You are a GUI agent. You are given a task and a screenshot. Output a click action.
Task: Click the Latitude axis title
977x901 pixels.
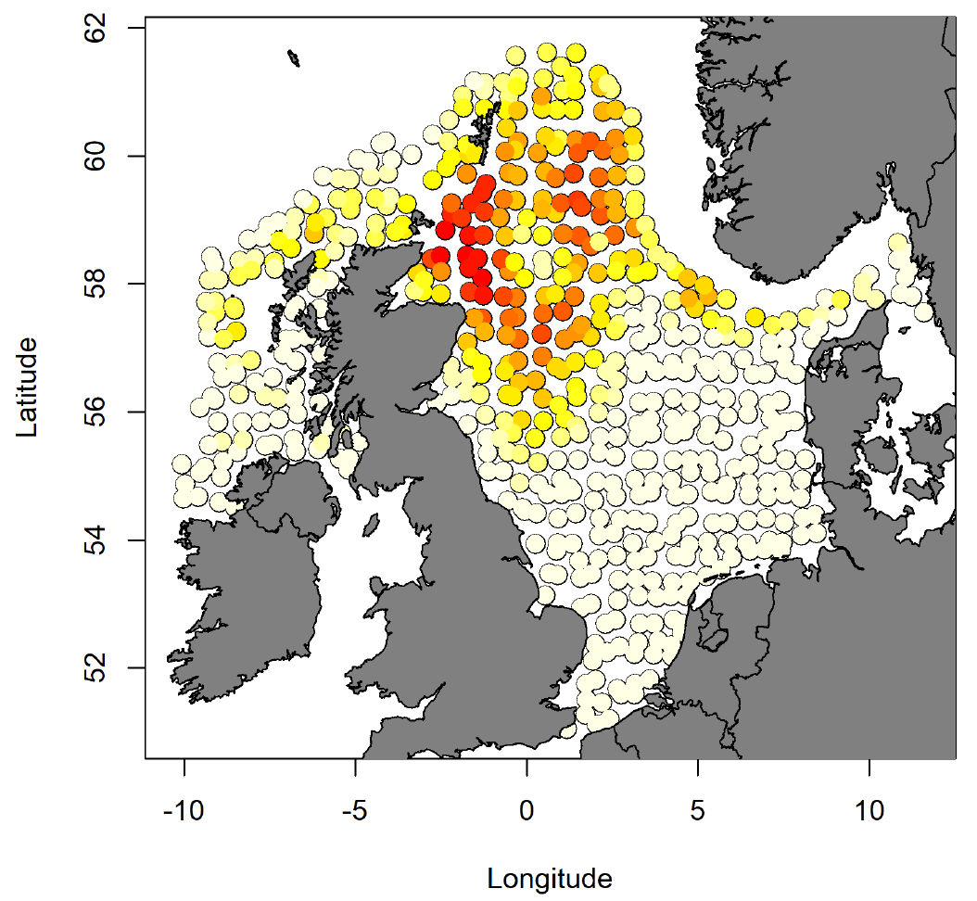click(29, 387)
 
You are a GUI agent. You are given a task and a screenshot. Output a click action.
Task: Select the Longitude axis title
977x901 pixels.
click(550, 878)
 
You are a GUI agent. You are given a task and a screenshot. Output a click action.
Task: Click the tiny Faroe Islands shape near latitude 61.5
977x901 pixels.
click(294, 59)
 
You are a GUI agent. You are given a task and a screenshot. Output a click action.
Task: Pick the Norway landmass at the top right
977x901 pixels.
click(834, 139)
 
